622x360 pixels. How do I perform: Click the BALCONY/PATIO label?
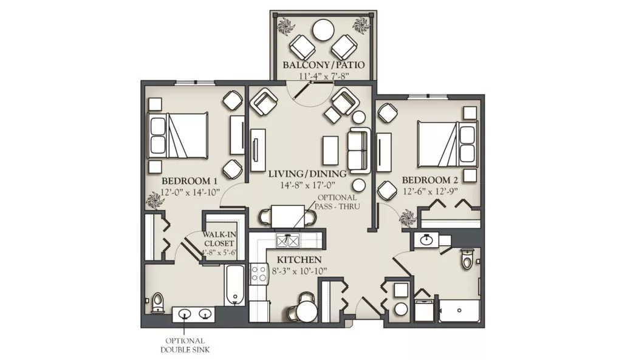[x=323, y=64]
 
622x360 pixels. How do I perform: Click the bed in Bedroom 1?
[x=178, y=135]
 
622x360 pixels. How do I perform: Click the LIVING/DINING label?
[x=307, y=174]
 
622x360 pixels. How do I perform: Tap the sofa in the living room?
[x=359, y=151]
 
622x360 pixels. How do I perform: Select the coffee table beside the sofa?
[x=331, y=151]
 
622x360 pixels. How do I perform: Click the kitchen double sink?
[x=287, y=240]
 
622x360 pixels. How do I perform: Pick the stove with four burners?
[x=259, y=274]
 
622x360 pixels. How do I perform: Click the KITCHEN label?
[x=299, y=260]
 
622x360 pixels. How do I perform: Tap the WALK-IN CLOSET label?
[x=219, y=239]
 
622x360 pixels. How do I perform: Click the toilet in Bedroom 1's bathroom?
[x=159, y=303]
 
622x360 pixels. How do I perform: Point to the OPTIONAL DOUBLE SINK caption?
[x=185, y=345]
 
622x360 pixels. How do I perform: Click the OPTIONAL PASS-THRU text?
[x=337, y=202]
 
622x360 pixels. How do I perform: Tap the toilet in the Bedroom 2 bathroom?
[x=468, y=258]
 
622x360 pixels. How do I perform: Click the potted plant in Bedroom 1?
[x=154, y=200]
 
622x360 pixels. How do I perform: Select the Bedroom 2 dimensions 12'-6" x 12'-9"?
[x=430, y=191]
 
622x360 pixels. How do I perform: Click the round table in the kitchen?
[x=307, y=311]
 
